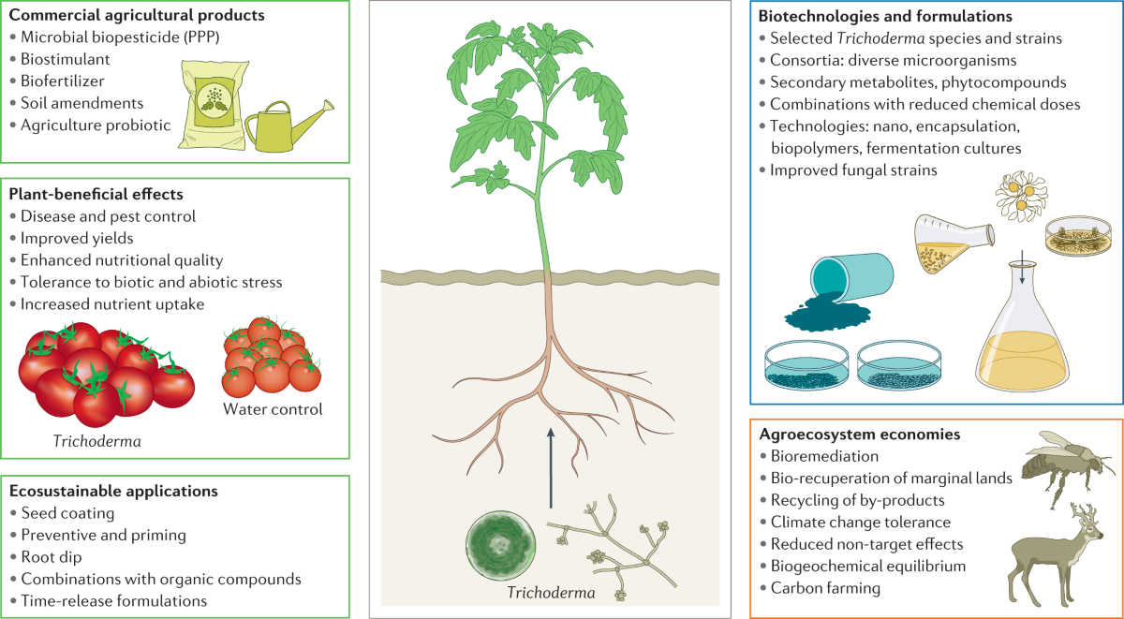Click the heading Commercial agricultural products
click(x=136, y=16)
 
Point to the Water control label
click(x=272, y=409)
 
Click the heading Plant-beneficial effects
click(x=96, y=195)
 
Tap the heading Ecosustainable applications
click(x=113, y=491)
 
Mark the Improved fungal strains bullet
click(x=852, y=169)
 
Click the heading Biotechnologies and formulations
click(x=884, y=16)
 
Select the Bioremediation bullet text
click(x=824, y=457)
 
